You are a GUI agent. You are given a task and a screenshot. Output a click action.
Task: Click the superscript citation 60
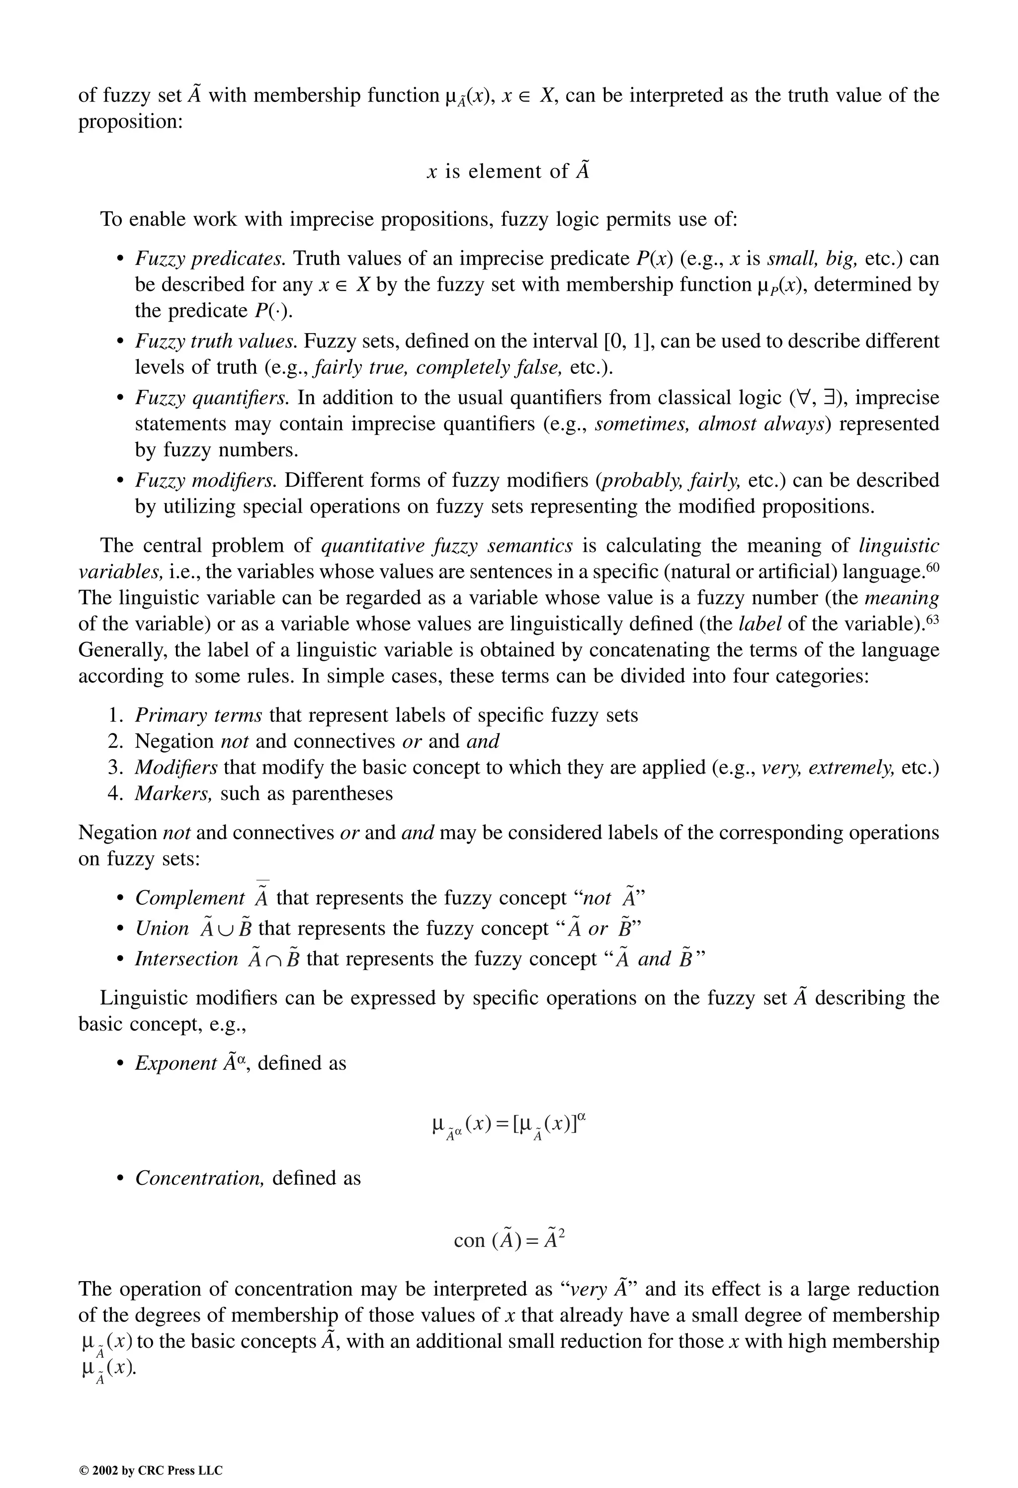click(932, 567)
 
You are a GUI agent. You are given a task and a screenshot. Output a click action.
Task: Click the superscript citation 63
click(932, 618)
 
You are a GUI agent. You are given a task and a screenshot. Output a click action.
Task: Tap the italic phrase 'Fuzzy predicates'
click(209, 259)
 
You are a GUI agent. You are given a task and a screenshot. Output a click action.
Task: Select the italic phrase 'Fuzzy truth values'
click(216, 341)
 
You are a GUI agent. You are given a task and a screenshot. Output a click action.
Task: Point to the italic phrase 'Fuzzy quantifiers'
click(212, 398)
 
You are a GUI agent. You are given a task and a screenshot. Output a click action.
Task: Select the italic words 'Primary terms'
click(198, 715)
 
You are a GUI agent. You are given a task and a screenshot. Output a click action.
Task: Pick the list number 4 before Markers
click(115, 794)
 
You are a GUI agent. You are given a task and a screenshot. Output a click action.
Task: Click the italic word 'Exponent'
click(176, 1063)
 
